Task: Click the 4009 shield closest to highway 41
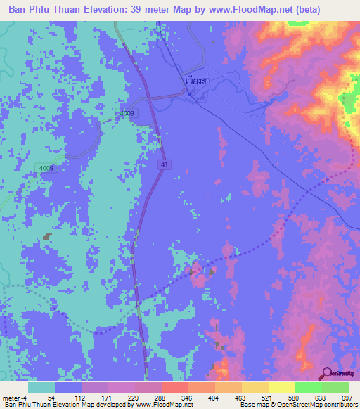(x=127, y=112)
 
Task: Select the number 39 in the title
(x=147, y=10)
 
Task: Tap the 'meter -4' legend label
(x=16, y=397)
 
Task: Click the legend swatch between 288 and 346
(x=174, y=387)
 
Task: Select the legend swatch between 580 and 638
(x=308, y=387)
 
